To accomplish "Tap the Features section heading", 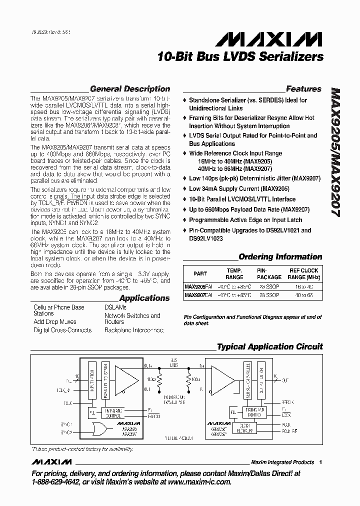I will (303, 89).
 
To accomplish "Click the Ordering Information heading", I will (280, 256).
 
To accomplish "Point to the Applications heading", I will (144, 298).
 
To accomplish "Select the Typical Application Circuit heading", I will (269, 346).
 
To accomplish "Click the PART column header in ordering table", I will (200, 273).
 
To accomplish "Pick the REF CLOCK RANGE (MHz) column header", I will (303, 273).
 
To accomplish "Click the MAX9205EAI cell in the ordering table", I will (198, 287).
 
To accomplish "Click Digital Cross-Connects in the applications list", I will (62, 330).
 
